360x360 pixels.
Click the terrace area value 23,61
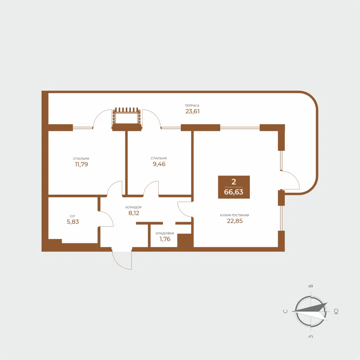click(x=192, y=112)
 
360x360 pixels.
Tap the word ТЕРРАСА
click(x=192, y=105)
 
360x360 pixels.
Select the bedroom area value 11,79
click(x=81, y=164)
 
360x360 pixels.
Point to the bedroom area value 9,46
click(x=159, y=164)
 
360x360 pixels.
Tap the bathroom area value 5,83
click(x=73, y=222)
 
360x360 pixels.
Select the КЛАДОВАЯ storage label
click(x=165, y=233)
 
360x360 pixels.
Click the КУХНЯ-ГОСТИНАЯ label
click(x=234, y=215)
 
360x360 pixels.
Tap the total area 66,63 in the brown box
click(x=234, y=192)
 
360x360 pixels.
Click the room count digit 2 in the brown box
click(x=234, y=182)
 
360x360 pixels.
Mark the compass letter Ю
click(x=336, y=311)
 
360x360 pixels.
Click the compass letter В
click(x=311, y=286)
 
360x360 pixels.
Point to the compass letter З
click(x=311, y=337)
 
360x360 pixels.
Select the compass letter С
click(x=285, y=311)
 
